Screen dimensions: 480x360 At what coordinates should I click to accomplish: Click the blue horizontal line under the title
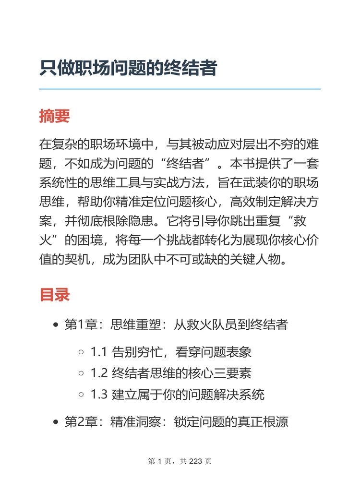pyautogui.click(x=180, y=89)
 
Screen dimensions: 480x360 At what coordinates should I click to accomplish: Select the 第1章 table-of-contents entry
pyautogui.click(x=176, y=325)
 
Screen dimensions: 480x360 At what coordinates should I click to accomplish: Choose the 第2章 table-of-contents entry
pyautogui.click(x=176, y=422)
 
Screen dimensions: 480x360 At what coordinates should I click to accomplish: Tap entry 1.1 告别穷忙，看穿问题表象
pyautogui.click(x=171, y=352)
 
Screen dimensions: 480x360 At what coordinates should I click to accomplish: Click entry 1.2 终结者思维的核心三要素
pyautogui.click(x=171, y=373)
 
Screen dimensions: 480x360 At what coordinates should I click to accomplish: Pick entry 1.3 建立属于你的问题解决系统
pyautogui.click(x=177, y=395)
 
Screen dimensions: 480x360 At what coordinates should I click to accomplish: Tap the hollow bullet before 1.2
pyautogui.click(x=81, y=373)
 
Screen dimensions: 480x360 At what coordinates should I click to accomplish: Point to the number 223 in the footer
pyautogui.click(x=196, y=462)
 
